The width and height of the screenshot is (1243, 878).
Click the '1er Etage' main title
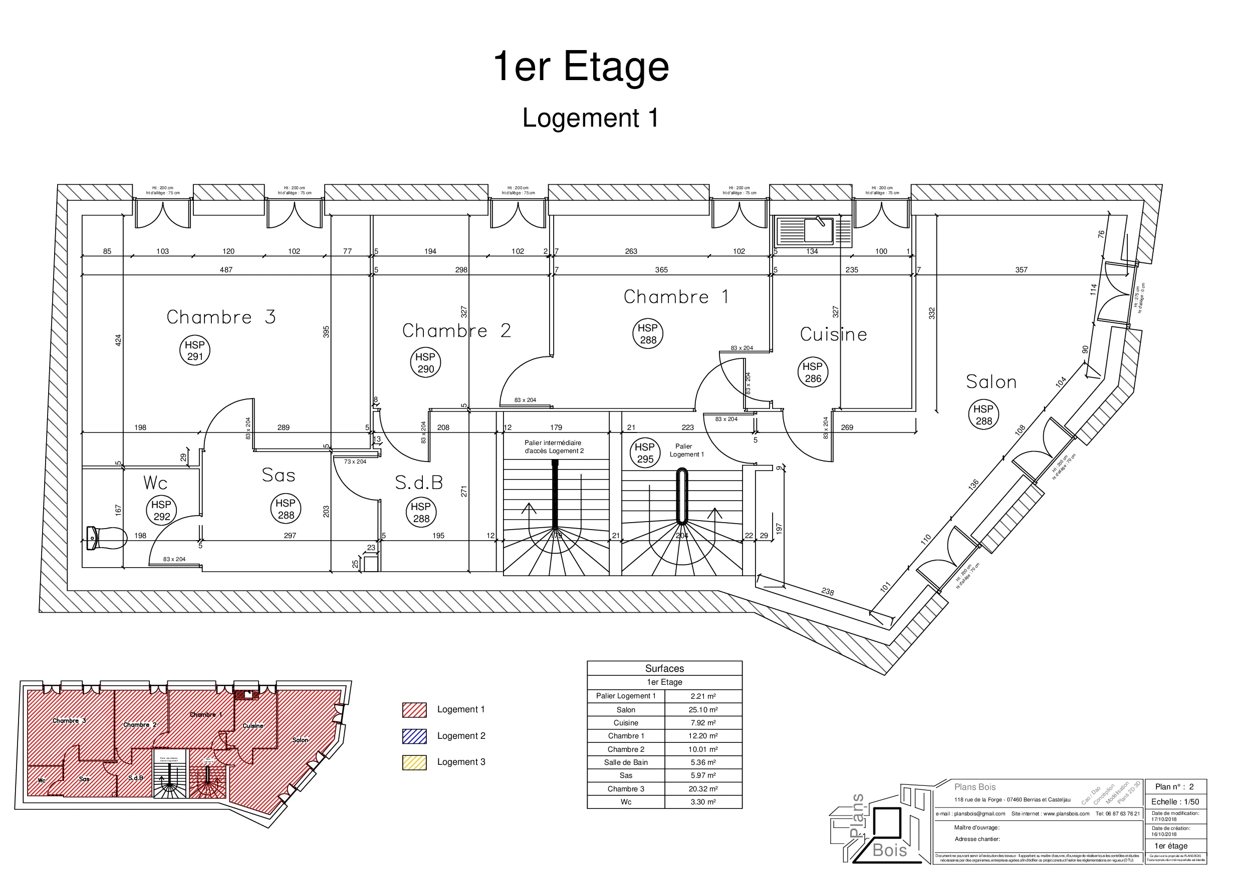point(581,67)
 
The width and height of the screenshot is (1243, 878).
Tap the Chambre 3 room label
point(221,317)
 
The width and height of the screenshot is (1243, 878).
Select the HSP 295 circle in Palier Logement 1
point(645,454)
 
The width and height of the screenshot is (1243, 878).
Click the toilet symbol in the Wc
point(106,538)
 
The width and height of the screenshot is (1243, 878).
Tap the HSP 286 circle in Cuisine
point(813,373)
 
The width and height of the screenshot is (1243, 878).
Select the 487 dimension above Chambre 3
point(226,269)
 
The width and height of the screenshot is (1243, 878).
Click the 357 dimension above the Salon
point(1021,269)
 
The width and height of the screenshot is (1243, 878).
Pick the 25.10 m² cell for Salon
point(703,710)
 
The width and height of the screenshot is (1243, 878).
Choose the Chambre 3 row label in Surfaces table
point(625,789)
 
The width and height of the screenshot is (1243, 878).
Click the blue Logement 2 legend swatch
point(414,736)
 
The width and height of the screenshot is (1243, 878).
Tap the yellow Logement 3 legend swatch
point(414,762)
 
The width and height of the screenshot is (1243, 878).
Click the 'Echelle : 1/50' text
point(1175,802)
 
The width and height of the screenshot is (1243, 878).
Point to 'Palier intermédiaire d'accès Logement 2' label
point(553,447)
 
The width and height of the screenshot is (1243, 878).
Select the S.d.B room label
point(419,483)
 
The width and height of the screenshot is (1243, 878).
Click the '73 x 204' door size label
point(355,462)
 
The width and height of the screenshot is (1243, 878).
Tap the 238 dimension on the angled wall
point(827,591)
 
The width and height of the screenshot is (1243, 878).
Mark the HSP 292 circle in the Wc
point(161,510)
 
